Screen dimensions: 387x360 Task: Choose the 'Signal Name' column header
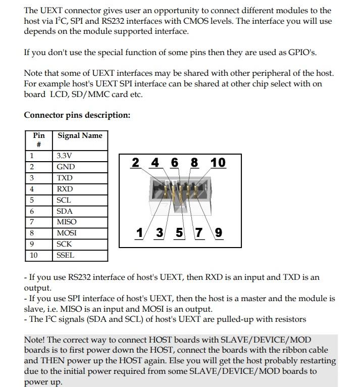tap(80, 135)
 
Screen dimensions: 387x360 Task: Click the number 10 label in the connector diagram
tap(218, 163)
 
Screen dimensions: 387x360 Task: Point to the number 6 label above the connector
tap(175, 163)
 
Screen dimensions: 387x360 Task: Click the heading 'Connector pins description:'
tap(77, 115)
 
